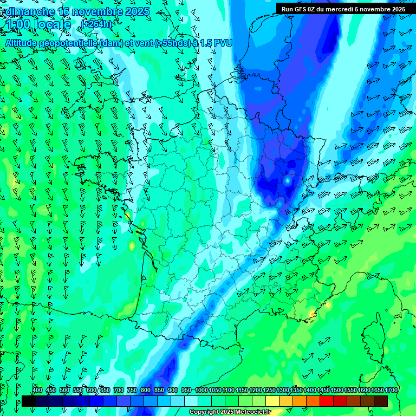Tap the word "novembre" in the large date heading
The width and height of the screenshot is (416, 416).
(96, 11)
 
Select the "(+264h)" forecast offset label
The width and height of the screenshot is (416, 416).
(97, 24)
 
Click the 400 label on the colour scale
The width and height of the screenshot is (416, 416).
(37, 390)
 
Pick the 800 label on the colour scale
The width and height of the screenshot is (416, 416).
(145, 390)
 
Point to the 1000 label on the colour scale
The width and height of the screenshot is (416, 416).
(201, 390)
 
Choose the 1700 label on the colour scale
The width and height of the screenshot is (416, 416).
(391, 390)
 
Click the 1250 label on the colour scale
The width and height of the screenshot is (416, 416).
(269, 390)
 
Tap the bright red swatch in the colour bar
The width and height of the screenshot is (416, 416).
(327, 401)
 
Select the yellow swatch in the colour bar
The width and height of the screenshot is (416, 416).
(272, 401)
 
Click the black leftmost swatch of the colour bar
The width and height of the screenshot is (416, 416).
(28, 401)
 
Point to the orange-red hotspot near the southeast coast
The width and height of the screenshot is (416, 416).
(312, 314)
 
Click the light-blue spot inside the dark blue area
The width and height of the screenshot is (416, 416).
(287, 181)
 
